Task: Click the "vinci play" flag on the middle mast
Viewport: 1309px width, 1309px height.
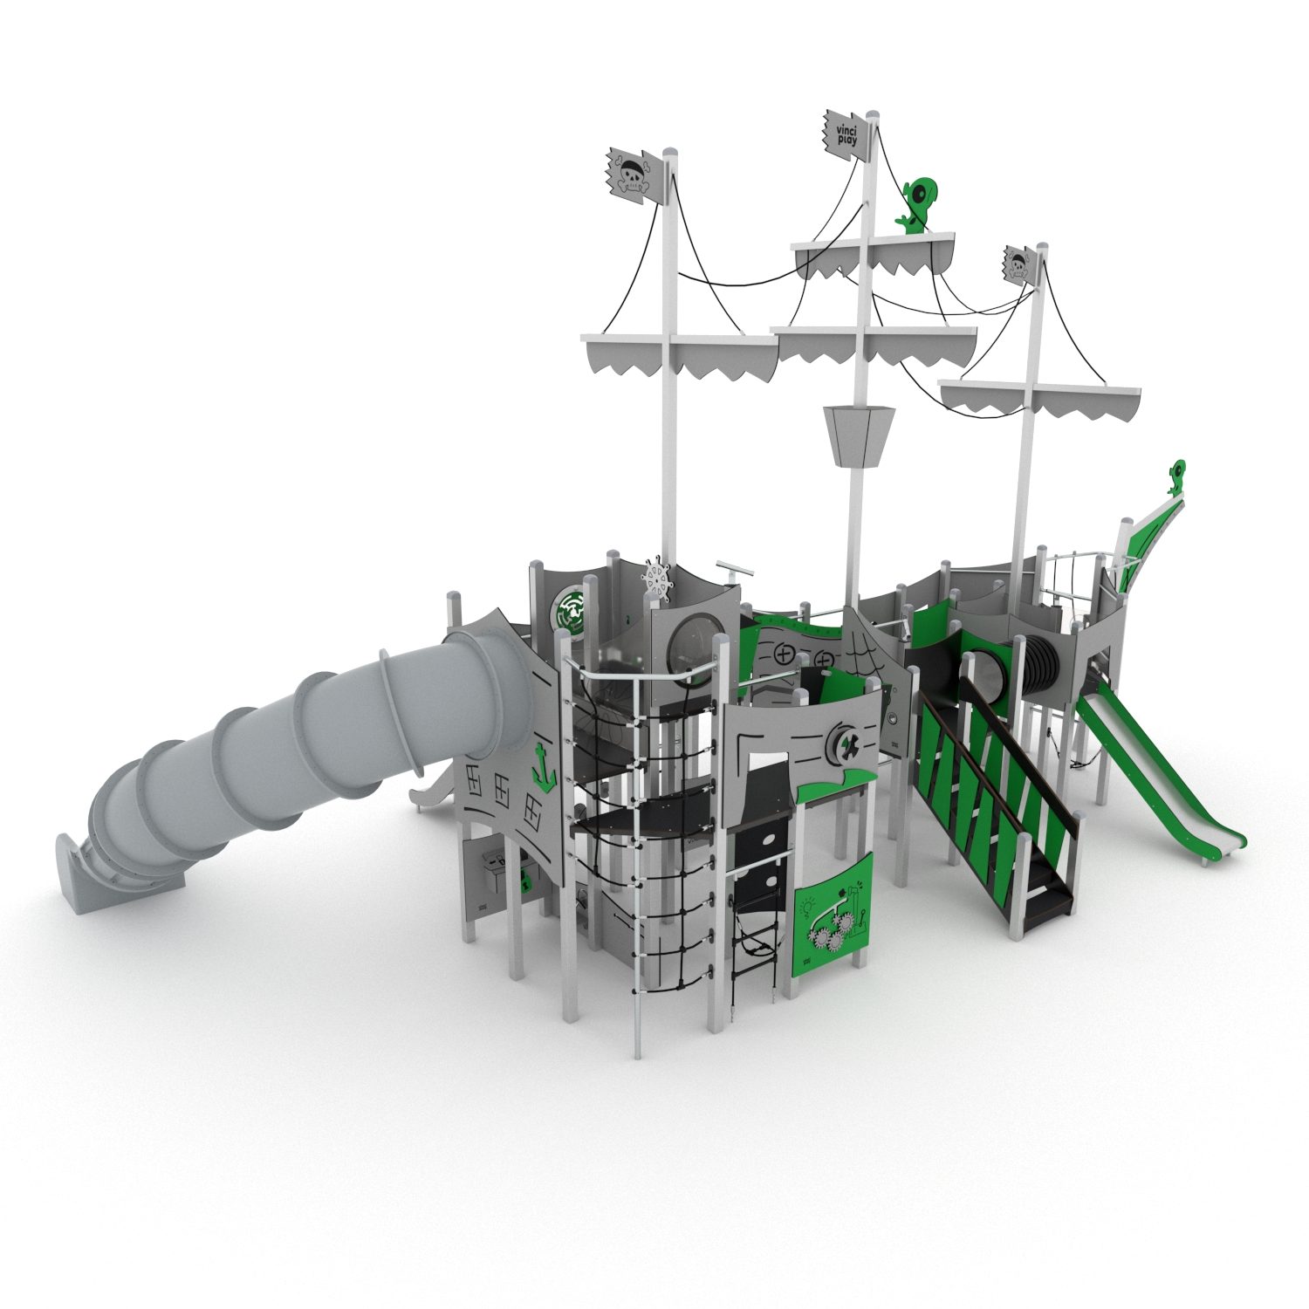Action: (846, 135)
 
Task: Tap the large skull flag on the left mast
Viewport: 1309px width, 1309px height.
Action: (635, 175)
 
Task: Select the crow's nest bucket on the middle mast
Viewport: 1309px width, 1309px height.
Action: (857, 437)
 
